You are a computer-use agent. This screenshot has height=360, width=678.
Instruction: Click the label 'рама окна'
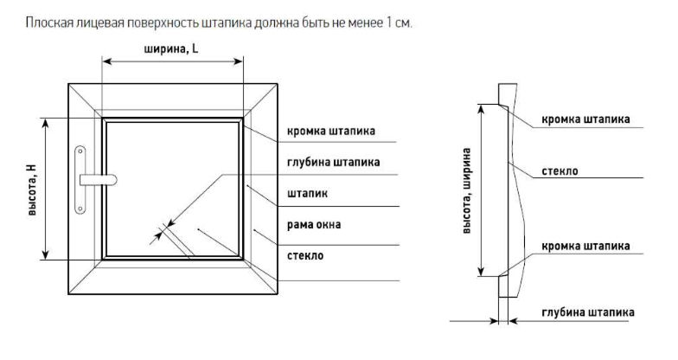click(x=313, y=225)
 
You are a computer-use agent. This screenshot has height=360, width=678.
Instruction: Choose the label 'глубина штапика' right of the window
click(x=331, y=162)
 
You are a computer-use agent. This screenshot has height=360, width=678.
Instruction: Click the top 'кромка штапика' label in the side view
click(x=585, y=119)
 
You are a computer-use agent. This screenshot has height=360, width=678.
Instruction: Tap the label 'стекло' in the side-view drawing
click(x=560, y=171)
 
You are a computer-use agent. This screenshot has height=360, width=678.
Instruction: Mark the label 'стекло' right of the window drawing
click(x=305, y=256)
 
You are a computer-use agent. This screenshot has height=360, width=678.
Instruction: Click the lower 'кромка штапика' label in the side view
click(x=585, y=245)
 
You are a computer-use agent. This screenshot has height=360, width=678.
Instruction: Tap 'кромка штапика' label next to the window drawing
click(x=331, y=132)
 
